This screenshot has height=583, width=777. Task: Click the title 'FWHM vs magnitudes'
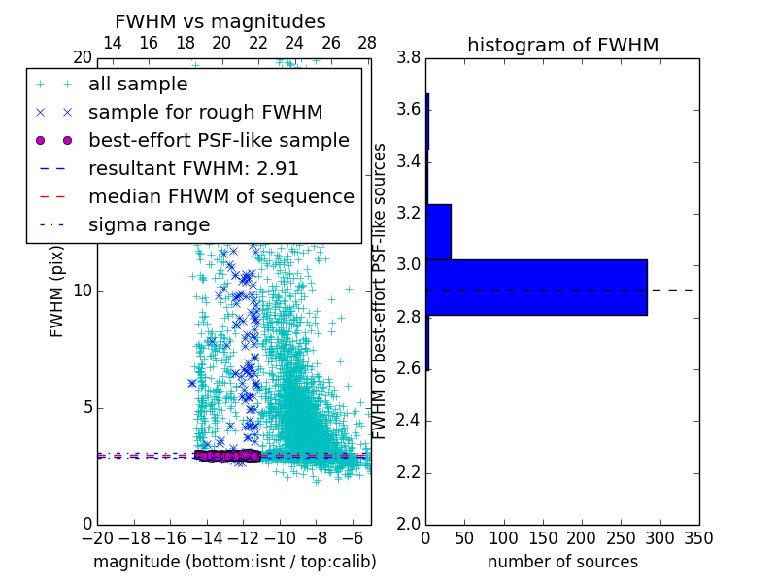coord(220,21)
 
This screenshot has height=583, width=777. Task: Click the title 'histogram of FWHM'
coord(562,45)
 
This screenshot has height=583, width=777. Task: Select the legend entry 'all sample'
coord(138,85)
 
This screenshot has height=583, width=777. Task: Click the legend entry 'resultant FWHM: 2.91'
coord(193,169)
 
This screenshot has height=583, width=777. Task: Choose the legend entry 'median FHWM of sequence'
coord(220,197)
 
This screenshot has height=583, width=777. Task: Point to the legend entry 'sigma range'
coord(149,225)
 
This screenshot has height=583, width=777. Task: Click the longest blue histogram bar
coord(535,288)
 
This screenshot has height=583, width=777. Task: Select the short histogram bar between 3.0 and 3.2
coord(438,232)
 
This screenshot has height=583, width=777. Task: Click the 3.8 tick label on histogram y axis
coord(407,58)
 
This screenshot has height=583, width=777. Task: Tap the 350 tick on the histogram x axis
coord(698,538)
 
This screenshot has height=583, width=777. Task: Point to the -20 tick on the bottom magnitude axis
coord(97,538)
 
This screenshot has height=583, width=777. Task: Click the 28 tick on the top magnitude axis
coord(367,44)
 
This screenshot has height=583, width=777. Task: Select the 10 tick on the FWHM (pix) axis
coord(83,291)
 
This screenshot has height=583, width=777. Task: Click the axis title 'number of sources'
coord(562,562)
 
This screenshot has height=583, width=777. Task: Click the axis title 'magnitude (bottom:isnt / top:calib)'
coord(234,562)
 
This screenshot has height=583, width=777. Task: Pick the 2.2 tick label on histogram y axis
coord(407,472)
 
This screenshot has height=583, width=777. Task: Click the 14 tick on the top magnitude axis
coord(112,44)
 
